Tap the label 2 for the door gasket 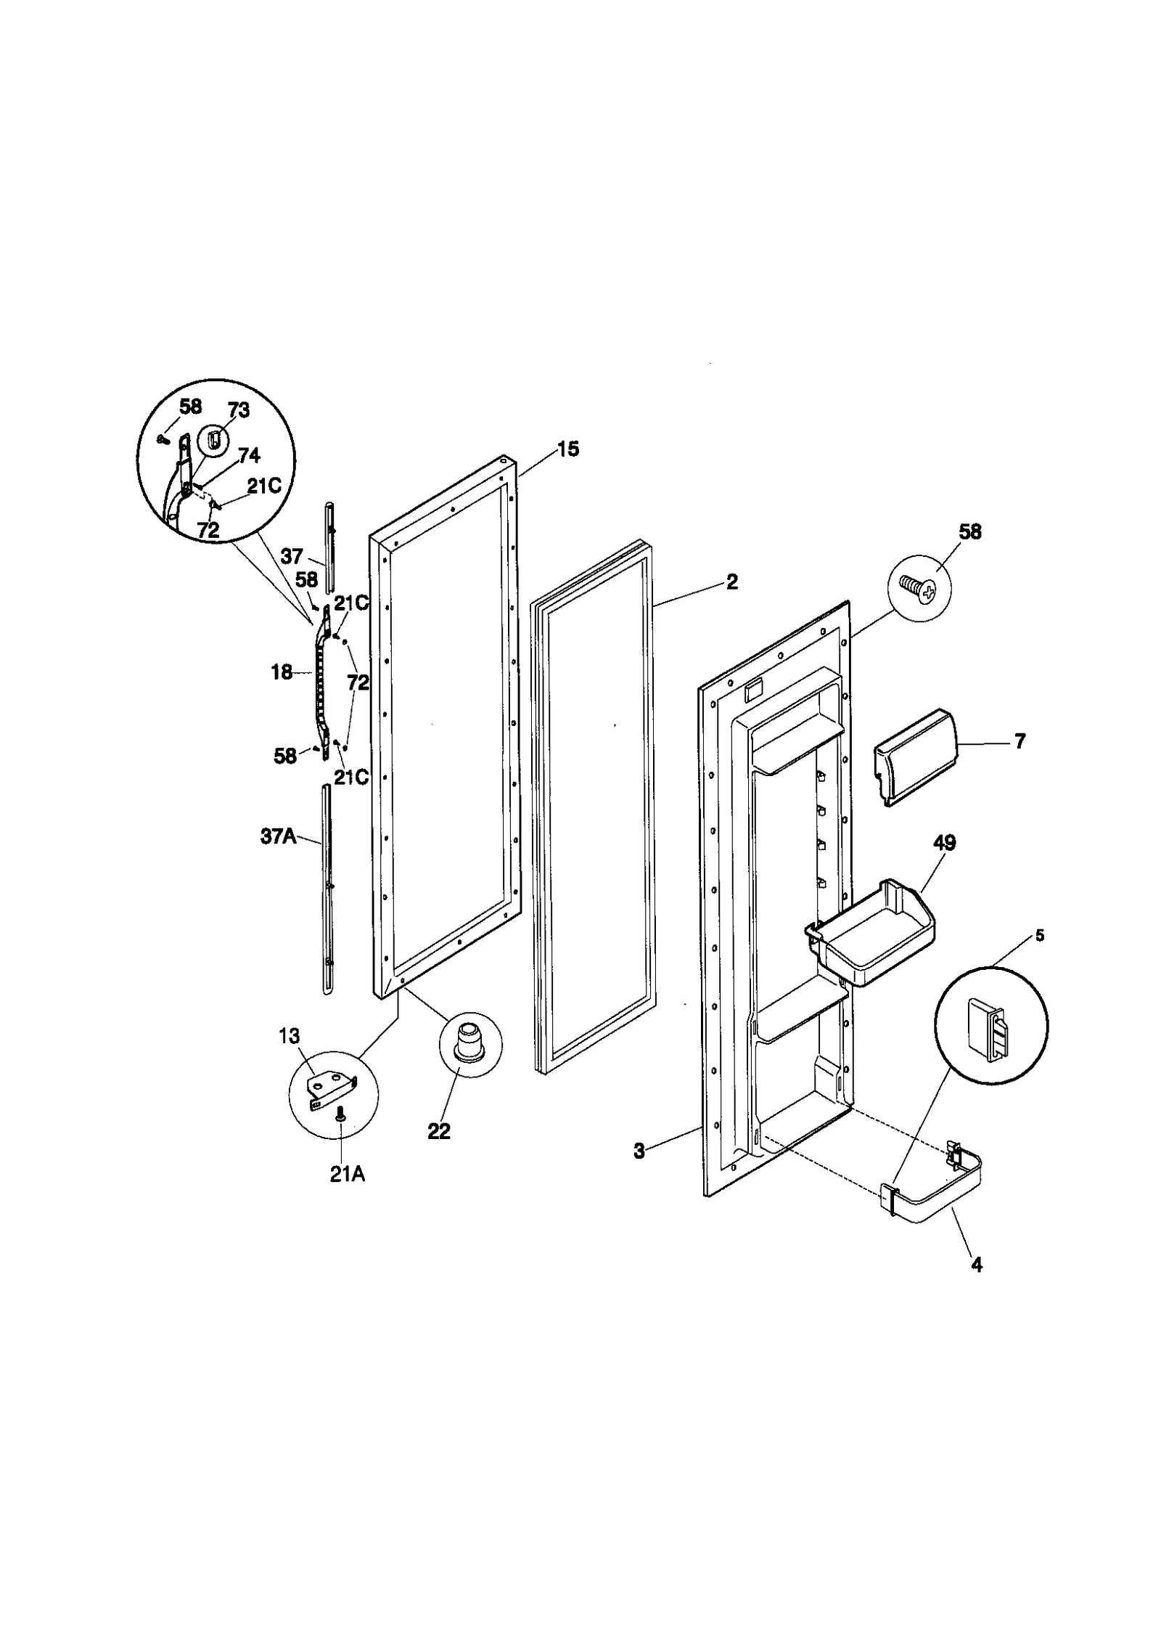click(732, 582)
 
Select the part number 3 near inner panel click(639, 1151)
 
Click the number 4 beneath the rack click(977, 1265)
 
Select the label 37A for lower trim click(279, 837)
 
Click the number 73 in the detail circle click(238, 410)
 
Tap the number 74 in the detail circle click(249, 455)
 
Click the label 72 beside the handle click(358, 682)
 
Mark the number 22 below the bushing click(439, 1131)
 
